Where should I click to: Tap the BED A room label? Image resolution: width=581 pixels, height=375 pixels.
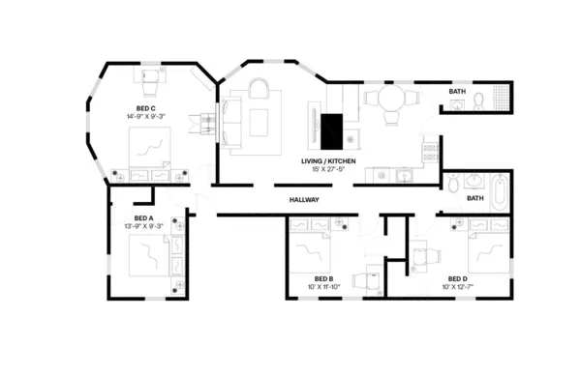[143, 217]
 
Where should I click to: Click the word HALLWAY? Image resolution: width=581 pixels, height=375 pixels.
[304, 200]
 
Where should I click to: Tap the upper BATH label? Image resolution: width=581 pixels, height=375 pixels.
[457, 92]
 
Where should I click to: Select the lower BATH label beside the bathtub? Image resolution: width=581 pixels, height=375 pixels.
[474, 199]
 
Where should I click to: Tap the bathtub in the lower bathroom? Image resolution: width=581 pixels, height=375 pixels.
[499, 189]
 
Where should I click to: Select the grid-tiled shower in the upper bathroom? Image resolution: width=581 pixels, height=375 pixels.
[500, 99]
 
